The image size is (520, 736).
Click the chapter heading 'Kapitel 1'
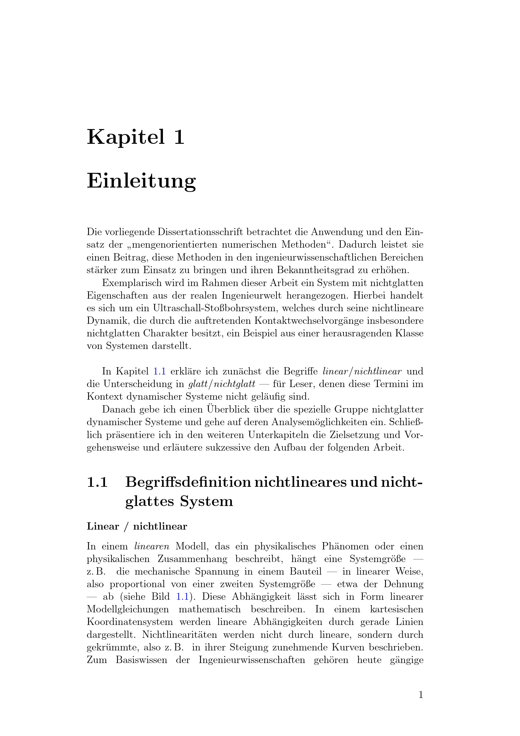coord(136,137)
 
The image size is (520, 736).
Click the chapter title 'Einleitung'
coord(141,181)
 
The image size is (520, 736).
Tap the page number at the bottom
coord(421,695)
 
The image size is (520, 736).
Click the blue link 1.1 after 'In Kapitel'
coord(159,371)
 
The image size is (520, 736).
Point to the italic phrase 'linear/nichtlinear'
coord(362,371)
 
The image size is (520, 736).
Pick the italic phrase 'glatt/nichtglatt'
coord(222,384)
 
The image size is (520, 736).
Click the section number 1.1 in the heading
coord(97,482)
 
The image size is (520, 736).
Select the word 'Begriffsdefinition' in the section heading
coord(188,482)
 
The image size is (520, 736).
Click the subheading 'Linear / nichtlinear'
coord(137,526)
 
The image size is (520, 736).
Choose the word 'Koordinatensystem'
coord(129,622)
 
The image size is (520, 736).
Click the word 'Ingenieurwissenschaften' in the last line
coord(252,660)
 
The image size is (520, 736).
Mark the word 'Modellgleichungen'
coord(127,609)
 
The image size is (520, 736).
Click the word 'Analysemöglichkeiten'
coord(317,422)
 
